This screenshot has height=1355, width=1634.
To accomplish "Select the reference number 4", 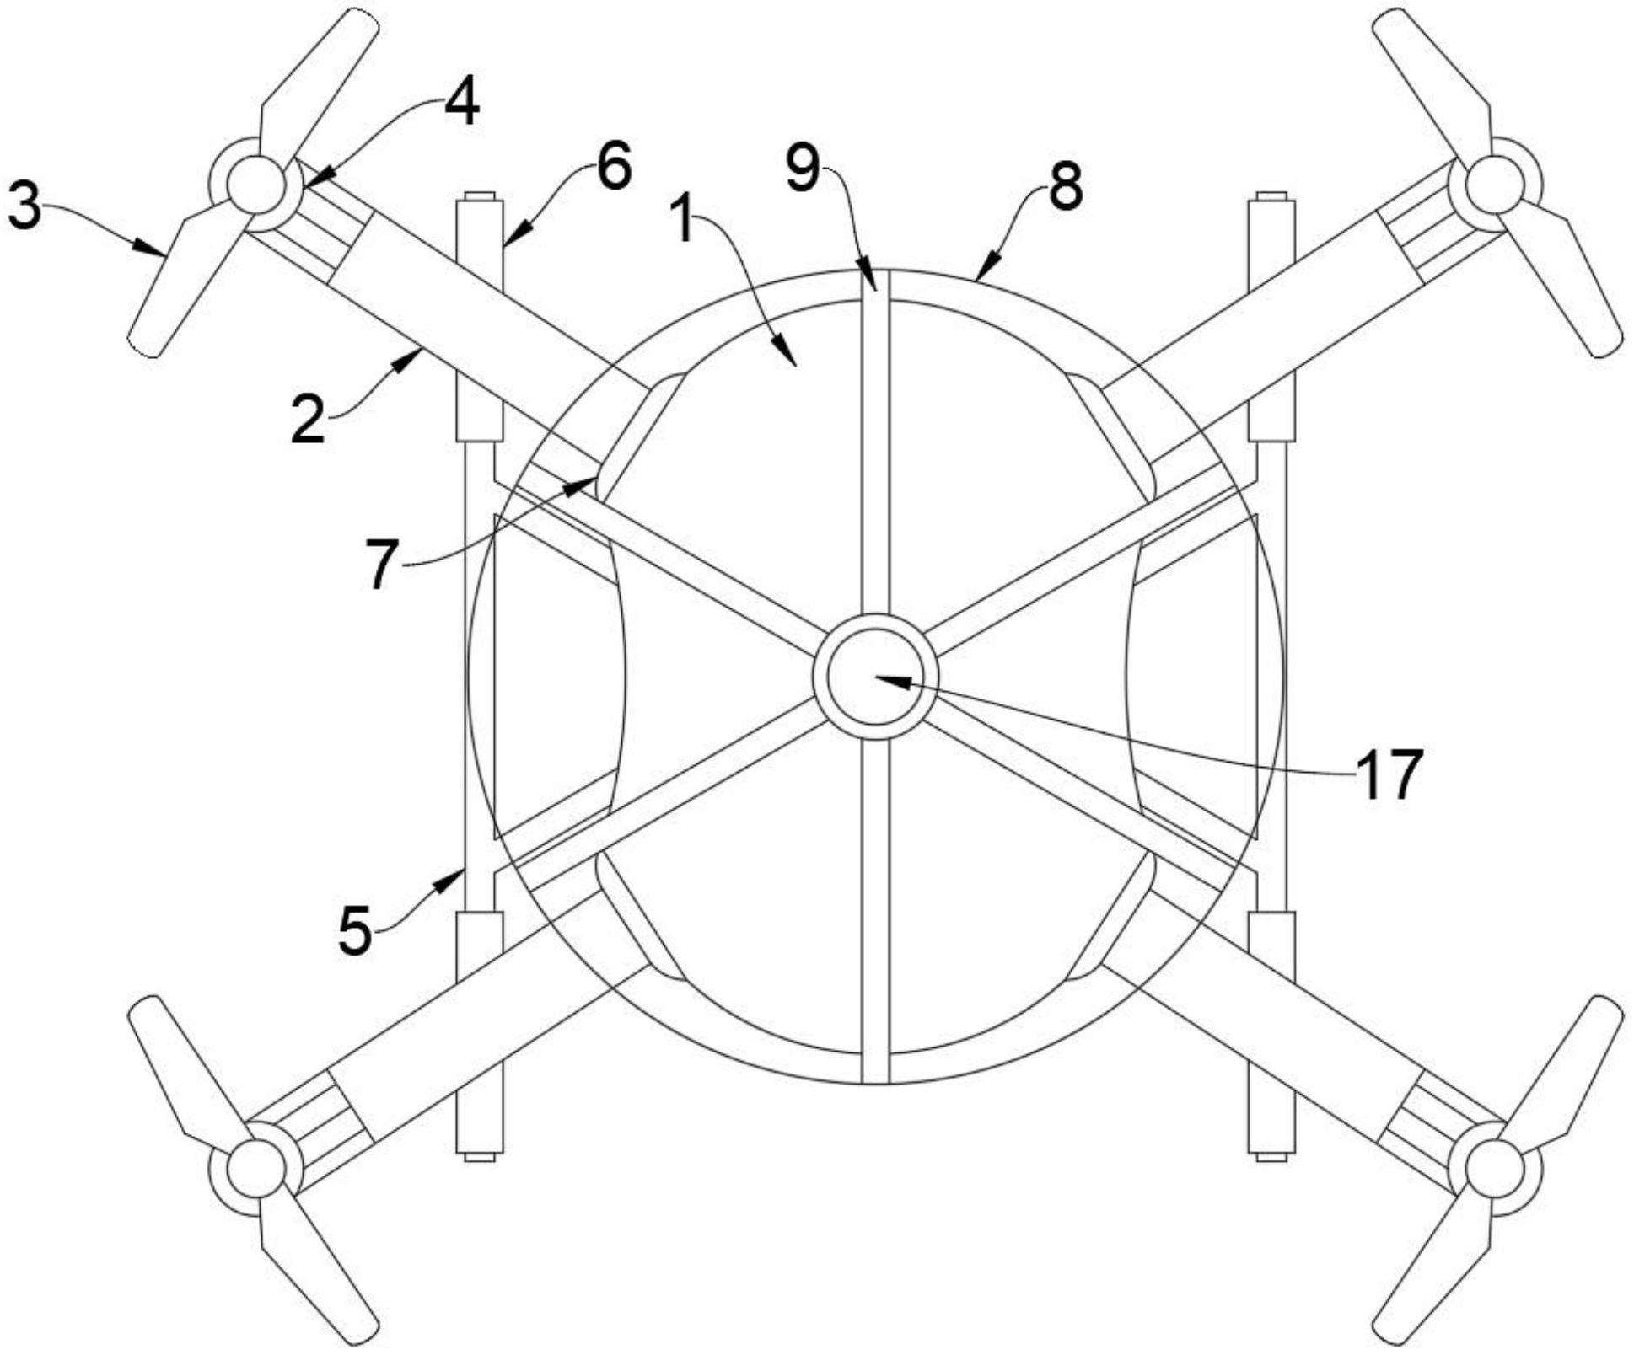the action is [461, 104].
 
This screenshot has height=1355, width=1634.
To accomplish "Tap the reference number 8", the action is [1065, 186].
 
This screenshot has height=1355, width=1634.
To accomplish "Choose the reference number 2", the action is [308, 419].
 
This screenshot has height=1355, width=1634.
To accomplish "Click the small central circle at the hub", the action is [875, 677].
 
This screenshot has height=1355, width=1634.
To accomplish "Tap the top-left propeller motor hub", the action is [255, 185].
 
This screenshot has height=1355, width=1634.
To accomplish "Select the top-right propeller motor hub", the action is [1495, 185].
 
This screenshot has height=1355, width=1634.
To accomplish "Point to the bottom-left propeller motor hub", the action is [255, 1169].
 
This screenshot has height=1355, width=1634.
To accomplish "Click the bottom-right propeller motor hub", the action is [1495, 1169].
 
